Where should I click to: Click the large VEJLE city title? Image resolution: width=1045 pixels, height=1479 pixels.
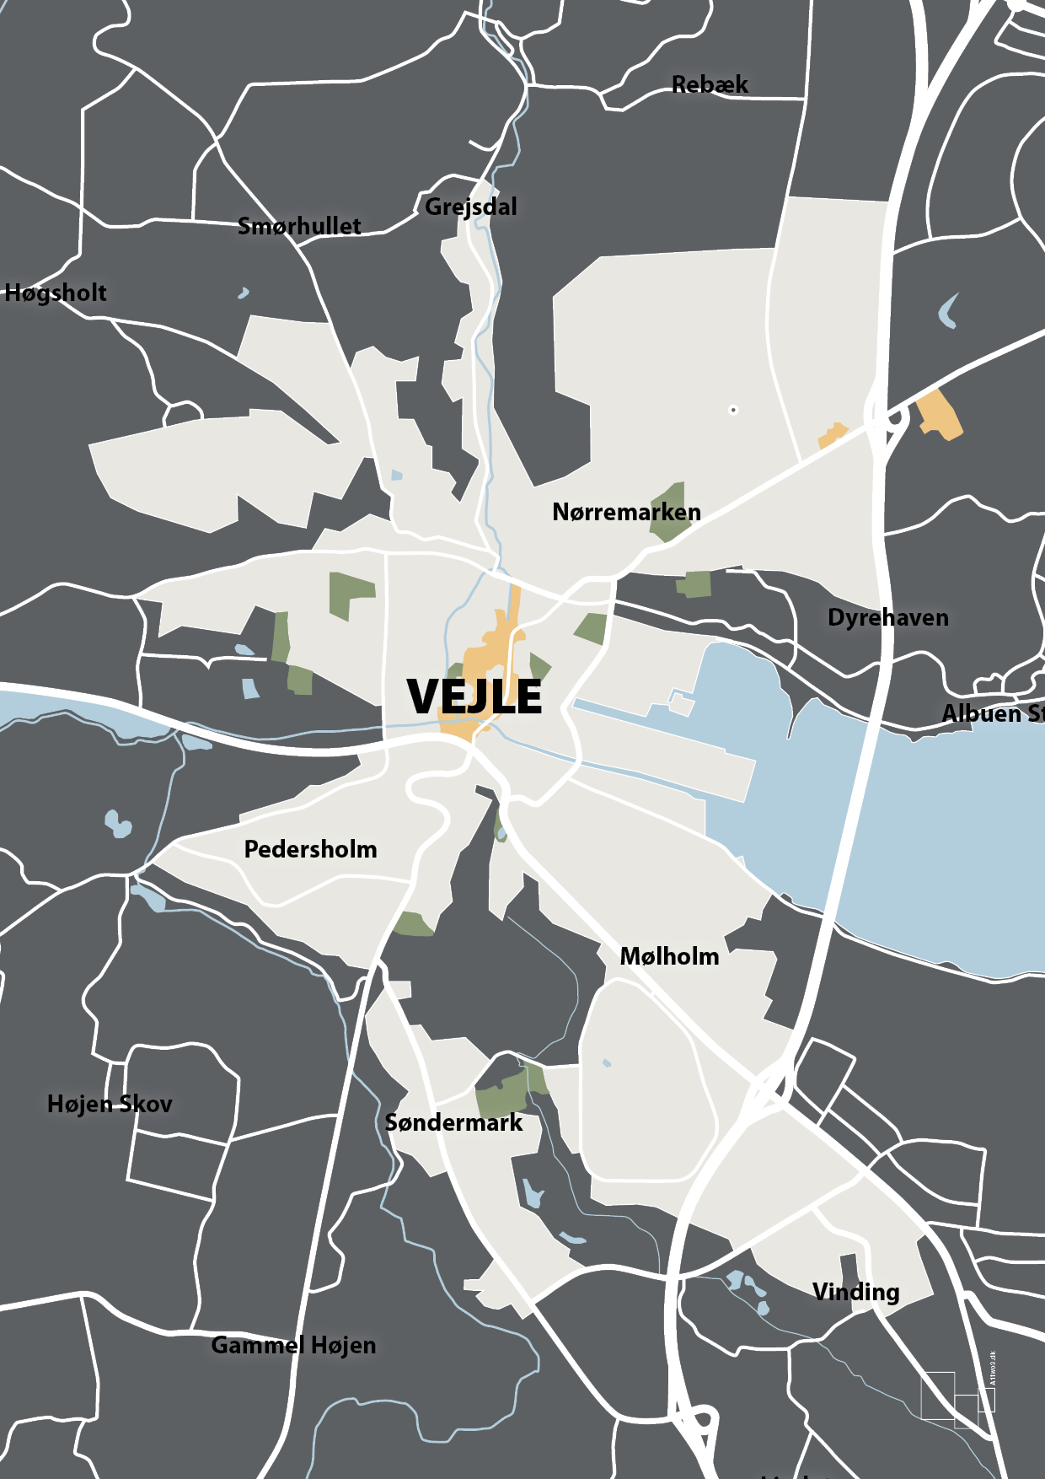(x=474, y=696)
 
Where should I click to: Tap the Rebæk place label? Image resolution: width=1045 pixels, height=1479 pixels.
(x=710, y=84)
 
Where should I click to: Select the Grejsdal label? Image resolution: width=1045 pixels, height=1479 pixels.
(x=470, y=207)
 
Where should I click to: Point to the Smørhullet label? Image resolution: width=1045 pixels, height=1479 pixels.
(x=299, y=226)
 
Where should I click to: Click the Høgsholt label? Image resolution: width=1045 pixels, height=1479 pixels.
(x=56, y=293)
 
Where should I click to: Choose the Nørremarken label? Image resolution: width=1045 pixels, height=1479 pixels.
(x=626, y=512)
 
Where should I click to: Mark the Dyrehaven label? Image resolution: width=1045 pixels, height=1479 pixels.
(x=887, y=617)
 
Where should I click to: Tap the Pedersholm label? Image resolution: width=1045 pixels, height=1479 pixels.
(x=310, y=849)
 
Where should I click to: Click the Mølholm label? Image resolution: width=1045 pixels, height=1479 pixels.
(x=669, y=956)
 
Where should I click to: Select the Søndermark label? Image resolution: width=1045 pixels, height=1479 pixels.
(x=453, y=1122)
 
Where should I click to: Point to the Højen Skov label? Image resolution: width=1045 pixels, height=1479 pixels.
(x=110, y=1104)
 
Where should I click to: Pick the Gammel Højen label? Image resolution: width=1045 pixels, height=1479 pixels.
(x=293, y=1345)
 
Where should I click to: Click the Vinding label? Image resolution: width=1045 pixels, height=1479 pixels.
(x=855, y=1292)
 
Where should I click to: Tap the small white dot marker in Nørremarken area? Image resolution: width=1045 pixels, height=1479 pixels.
(x=733, y=410)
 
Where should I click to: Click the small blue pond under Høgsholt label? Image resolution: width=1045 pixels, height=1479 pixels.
(x=244, y=293)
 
